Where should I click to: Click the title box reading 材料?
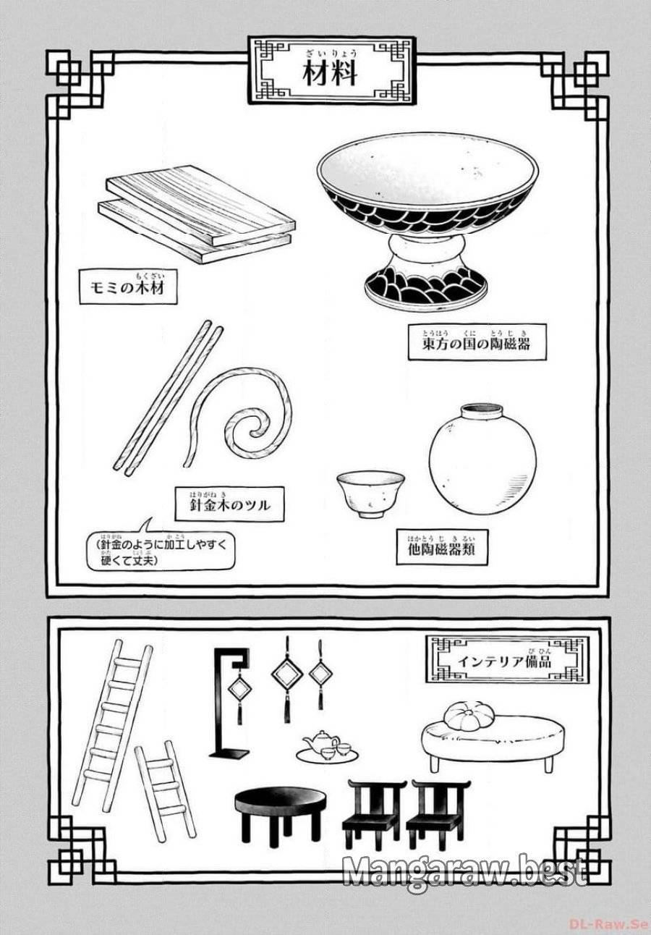(x=331, y=70)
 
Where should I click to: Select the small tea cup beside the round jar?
(x=370, y=492)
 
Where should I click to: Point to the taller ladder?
(x=112, y=724)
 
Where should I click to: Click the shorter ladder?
(x=166, y=790)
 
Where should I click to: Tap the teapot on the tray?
(x=320, y=742)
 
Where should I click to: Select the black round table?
(x=279, y=807)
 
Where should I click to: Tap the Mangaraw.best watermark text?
(x=464, y=871)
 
